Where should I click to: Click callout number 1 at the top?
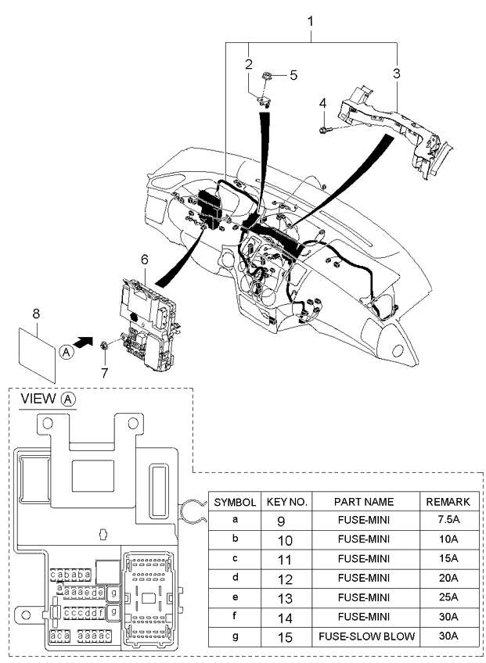point(311,21)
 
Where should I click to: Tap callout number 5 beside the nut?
point(293,75)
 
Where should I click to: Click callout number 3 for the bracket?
point(396,73)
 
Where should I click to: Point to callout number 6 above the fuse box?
point(145,260)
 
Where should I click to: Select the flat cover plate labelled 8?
point(38,355)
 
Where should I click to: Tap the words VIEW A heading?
point(49,399)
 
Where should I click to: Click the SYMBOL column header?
point(235,502)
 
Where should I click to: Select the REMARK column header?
point(448,502)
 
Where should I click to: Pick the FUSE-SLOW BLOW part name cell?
point(366,636)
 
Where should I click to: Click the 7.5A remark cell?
point(448,520)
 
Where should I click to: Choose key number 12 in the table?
point(286,579)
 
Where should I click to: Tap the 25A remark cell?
point(448,597)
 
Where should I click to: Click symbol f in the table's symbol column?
point(235,616)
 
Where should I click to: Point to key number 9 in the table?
point(281,521)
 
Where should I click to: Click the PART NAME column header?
point(364,502)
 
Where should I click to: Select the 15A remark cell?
point(448,558)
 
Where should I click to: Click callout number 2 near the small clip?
point(249,65)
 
